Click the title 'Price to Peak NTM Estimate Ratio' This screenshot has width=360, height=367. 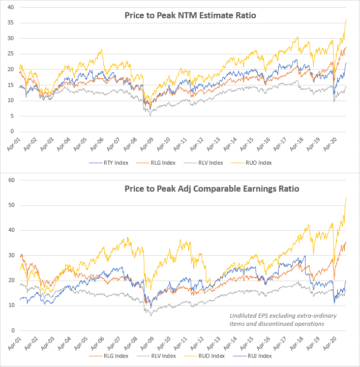(x=190, y=16)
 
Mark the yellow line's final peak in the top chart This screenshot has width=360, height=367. (x=346, y=19)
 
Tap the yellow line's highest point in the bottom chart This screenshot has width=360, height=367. (x=346, y=198)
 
